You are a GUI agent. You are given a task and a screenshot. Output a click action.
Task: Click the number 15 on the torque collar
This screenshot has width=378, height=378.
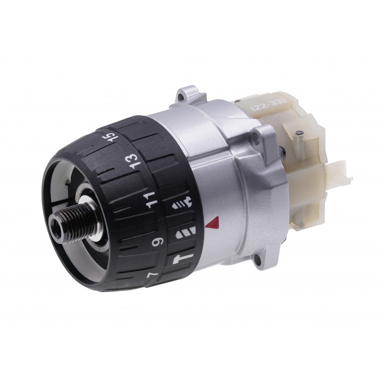(x=113, y=138)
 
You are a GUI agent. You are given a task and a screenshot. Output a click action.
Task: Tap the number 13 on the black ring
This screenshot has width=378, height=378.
(x=133, y=161)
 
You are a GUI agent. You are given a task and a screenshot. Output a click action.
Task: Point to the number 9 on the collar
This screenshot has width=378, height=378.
(x=158, y=241)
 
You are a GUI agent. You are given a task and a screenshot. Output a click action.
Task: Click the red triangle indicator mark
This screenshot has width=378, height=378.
(x=213, y=223)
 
